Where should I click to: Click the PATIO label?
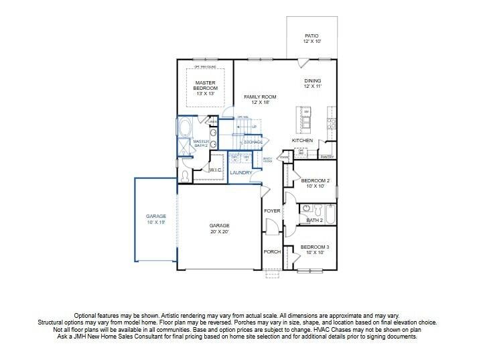pos(311,38)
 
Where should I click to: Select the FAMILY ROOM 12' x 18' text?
pos(259,99)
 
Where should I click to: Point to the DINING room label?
pos(312,83)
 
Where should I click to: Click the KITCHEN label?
pos(302,140)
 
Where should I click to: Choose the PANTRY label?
pos(327,157)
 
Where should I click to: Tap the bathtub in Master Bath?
pos(184,127)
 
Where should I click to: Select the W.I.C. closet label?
pos(215,170)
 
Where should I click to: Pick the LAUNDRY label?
pos(240,173)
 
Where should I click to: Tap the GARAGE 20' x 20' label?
pos(219,229)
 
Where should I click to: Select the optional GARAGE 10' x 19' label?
pos(156,219)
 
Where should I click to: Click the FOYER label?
pos(272,211)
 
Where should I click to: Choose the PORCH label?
pos(272,252)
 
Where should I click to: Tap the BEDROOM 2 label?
pos(314,183)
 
